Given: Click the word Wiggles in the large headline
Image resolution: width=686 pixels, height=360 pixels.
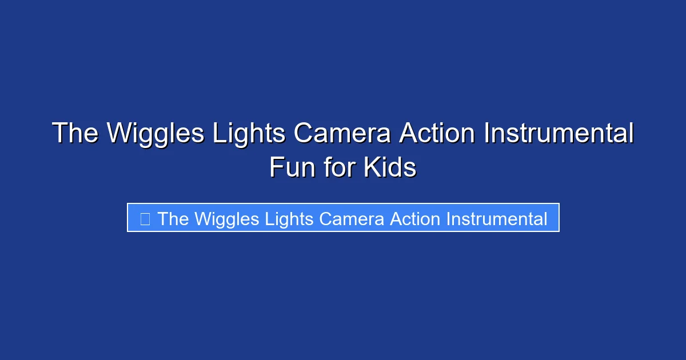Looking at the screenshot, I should (x=155, y=134).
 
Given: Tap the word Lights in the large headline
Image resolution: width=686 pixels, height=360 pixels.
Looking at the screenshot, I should (x=249, y=134).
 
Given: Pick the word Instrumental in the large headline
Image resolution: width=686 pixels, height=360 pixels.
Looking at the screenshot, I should (x=559, y=134).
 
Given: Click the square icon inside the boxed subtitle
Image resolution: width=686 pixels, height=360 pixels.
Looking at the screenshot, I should (x=145, y=219).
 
